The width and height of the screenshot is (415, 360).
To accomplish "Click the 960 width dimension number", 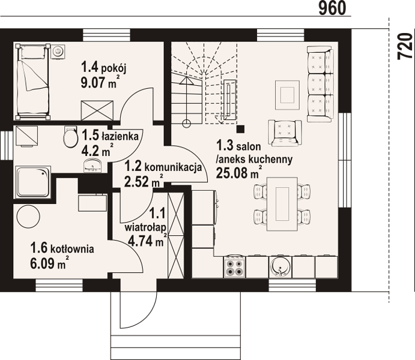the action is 332,8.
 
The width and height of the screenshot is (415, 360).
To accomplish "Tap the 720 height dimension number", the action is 405,46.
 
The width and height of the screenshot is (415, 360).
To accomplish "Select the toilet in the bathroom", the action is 70,136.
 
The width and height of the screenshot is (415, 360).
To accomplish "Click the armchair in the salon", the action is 285,133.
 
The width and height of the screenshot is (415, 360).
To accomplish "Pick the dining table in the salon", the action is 282,204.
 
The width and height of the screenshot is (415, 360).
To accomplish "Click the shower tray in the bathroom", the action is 34,182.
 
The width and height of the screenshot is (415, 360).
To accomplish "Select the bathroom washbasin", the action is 92,166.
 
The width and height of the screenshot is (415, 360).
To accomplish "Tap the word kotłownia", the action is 72,249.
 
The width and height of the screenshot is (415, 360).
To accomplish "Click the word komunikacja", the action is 173,167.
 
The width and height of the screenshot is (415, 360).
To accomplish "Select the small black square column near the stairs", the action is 240,129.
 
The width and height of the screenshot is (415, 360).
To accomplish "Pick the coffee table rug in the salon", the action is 288,95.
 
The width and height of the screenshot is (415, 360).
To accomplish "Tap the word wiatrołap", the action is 145,227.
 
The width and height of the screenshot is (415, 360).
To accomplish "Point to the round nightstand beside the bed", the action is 58,50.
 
